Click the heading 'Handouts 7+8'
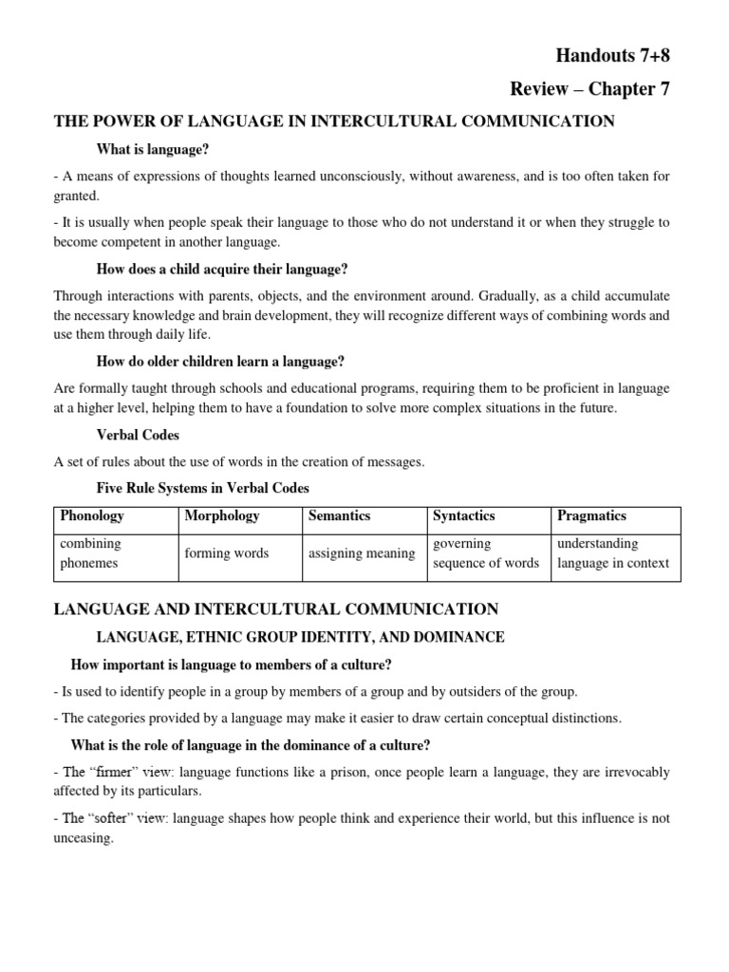coord(615,56)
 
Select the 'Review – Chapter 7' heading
coord(590,89)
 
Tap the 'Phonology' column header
coord(92,516)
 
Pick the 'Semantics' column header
coord(339,516)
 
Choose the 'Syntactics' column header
coord(463,516)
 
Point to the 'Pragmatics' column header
coord(591,516)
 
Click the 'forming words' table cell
coord(227,553)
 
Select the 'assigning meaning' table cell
coord(362,553)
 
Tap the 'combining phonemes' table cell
coord(91,553)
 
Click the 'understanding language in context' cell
coord(613,553)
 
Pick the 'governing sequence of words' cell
coord(485,553)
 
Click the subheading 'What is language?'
coord(153,149)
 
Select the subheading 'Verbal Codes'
coord(138,435)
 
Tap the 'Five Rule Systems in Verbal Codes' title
coord(203,488)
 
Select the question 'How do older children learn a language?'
coord(220,361)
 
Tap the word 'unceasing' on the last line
coord(84,839)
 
